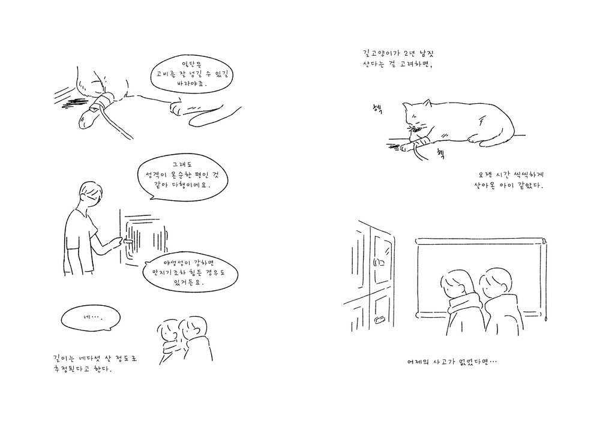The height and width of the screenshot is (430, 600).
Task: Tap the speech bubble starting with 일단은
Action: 192,74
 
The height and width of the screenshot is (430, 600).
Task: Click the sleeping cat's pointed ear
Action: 427,103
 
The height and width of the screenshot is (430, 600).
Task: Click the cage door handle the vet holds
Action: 127,241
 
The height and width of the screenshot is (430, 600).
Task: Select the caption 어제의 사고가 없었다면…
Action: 452,362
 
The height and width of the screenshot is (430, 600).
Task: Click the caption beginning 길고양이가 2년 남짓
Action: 398,59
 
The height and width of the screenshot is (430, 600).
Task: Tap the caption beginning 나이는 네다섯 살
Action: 95,364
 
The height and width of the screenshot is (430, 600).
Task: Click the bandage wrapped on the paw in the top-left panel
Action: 102,103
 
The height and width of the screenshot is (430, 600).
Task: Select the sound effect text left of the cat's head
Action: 377,109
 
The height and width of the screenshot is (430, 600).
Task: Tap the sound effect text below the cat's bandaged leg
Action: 440,153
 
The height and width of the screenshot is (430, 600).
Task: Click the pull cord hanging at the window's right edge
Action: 547,283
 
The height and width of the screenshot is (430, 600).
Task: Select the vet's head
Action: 92,193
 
